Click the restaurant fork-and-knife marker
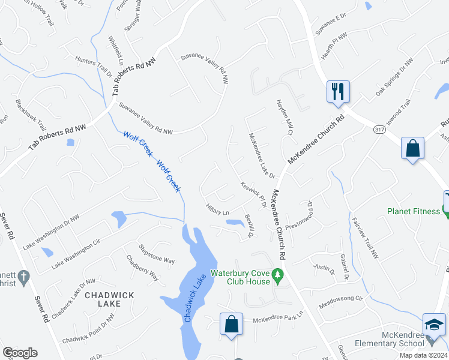click(337, 92)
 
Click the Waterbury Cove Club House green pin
click(277, 276)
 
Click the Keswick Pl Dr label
click(253, 195)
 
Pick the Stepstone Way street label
click(157, 253)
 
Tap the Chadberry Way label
click(142, 268)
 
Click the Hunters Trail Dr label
click(93, 67)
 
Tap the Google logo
click(20, 353)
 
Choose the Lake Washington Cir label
click(75, 254)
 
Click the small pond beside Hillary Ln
click(233, 223)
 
